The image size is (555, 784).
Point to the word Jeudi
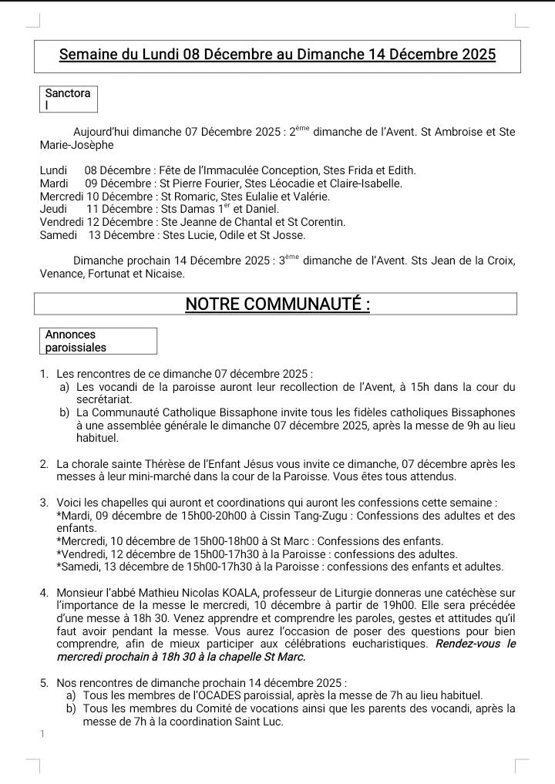[x=53, y=209]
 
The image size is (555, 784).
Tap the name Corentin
[x=321, y=222]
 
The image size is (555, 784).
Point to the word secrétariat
[x=104, y=399]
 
